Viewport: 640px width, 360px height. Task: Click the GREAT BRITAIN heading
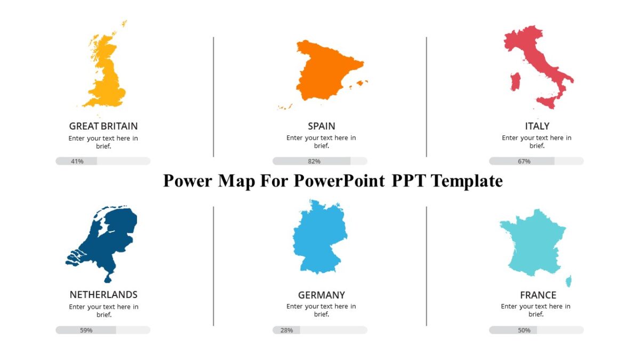click(103, 126)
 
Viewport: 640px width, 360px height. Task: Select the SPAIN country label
click(322, 126)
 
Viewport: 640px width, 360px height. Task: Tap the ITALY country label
click(537, 126)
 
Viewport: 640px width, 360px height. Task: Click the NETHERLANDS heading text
click(103, 294)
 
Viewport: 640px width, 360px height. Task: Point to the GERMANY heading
click(322, 295)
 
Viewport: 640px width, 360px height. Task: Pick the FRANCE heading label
click(538, 295)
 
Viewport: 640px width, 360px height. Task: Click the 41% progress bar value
click(77, 161)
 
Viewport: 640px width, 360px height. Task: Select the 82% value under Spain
click(314, 161)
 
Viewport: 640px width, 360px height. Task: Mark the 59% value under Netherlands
click(86, 330)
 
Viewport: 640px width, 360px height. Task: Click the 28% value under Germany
click(286, 330)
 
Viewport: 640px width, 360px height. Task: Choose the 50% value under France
click(524, 330)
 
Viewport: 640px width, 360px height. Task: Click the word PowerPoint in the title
click(339, 181)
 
